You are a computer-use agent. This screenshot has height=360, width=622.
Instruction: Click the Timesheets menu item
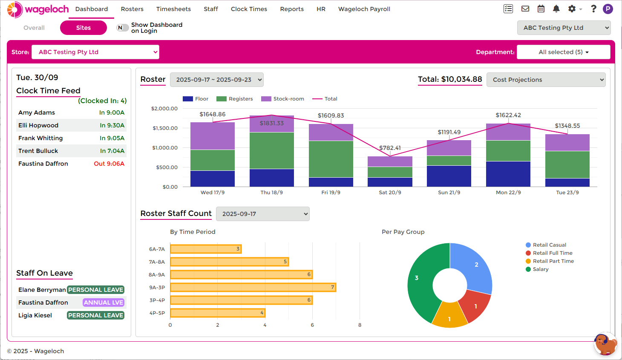click(173, 9)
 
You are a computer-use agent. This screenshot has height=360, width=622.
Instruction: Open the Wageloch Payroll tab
click(364, 9)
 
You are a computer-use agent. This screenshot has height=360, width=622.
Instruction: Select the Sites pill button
click(84, 28)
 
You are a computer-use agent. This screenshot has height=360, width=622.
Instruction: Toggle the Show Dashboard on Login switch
click(122, 28)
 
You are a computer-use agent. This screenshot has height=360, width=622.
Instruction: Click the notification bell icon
click(556, 9)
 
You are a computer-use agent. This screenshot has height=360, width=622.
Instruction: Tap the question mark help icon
click(593, 9)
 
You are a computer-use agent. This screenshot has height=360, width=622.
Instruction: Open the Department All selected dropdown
click(563, 52)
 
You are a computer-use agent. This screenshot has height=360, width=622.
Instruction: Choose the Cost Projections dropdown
click(546, 80)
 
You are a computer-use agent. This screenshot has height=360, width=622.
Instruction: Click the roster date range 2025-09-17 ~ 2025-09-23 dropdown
click(216, 80)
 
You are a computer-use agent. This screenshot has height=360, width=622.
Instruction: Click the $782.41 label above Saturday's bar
click(390, 148)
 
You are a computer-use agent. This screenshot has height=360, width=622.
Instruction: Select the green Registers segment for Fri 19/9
click(331, 159)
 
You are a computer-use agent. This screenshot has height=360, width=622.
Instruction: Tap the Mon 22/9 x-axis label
click(508, 193)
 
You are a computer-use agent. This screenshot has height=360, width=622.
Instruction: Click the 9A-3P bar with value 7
click(253, 288)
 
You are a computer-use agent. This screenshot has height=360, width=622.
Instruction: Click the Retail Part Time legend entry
click(553, 261)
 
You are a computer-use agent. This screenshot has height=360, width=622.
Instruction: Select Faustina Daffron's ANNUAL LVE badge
click(104, 302)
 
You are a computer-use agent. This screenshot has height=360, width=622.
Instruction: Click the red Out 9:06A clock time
click(109, 164)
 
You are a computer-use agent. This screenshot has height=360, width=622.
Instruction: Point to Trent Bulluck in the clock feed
click(38, 151)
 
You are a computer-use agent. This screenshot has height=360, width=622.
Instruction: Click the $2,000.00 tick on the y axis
click(164, 109)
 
